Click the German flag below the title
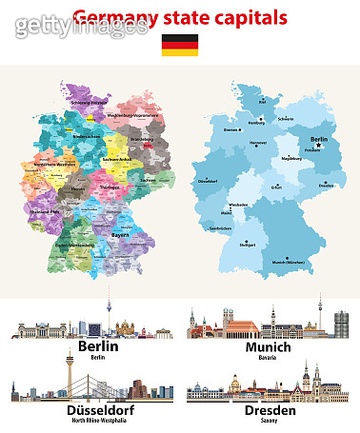click(x=180, y=44)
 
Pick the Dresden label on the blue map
click(x=327, y=187)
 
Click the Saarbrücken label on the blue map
click(x=221, y=229)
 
